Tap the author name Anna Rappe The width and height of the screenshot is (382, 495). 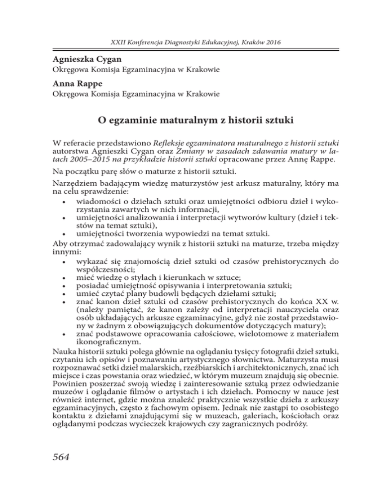(72, 84)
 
